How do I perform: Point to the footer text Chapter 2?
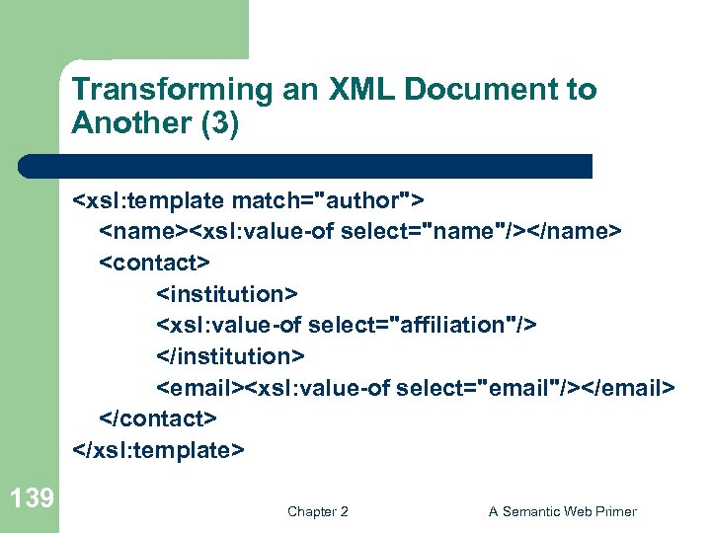click(x=317, y=511)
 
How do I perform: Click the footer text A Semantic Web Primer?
click(x=562, y=511)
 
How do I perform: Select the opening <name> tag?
click(x=143, y=232)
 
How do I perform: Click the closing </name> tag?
click(x=583, y=232)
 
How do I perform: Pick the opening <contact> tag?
click(x=154, y=264)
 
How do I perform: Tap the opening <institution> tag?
click(x=227, y=294)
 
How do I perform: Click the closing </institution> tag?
click(x=231, y=355)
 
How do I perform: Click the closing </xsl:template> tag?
click(x=157, y=449)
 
